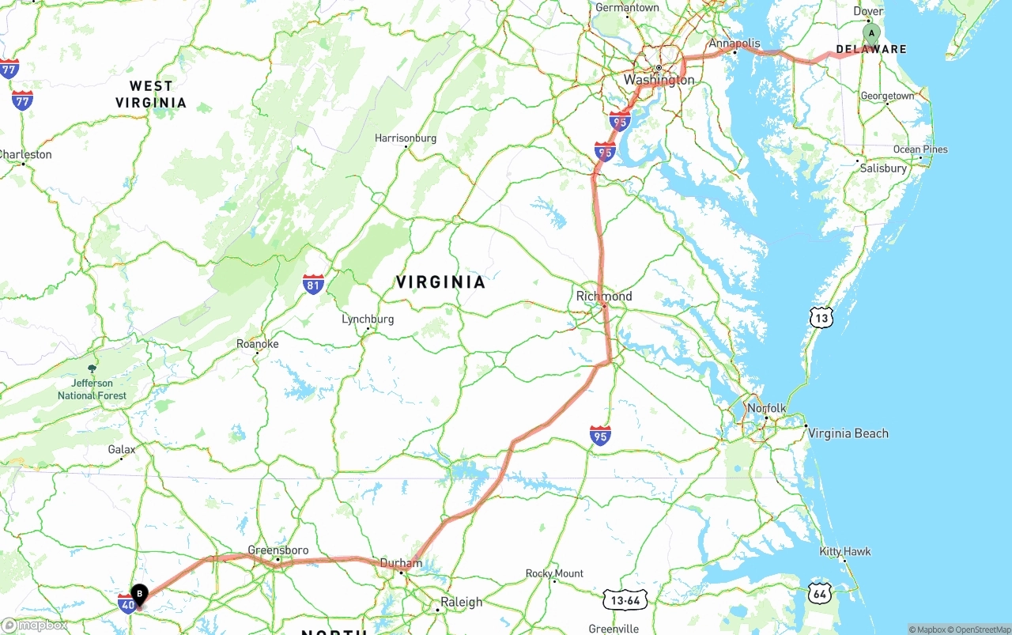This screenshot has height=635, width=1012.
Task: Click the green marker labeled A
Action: point(870,34)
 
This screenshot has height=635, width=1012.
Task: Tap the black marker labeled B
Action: point(139,594)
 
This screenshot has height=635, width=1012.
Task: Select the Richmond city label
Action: point(604,297)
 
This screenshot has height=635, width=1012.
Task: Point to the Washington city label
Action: point(659,80)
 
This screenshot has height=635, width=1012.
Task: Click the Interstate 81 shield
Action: point(313,285)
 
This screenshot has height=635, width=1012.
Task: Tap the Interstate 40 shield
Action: point(126,604)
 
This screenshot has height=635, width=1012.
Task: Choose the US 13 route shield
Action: point(821,317)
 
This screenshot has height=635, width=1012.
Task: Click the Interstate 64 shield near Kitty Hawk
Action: point(820,592)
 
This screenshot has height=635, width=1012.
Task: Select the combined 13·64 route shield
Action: point(625,600)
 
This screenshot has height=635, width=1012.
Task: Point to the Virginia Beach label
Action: point(848,433)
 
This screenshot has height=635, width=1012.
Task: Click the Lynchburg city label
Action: point(368,319)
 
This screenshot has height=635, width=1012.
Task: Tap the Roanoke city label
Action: point(258,344)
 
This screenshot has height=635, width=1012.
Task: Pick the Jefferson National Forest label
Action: point(92,389)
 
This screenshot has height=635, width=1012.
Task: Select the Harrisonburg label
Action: point(406,138)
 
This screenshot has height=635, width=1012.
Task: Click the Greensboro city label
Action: point(278,550)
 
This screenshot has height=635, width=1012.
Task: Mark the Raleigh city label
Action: point(461,602)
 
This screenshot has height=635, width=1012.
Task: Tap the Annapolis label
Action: point(734,44)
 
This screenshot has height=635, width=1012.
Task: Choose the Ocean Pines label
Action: point(920,149)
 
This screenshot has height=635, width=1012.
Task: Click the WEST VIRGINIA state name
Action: point(151,94)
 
